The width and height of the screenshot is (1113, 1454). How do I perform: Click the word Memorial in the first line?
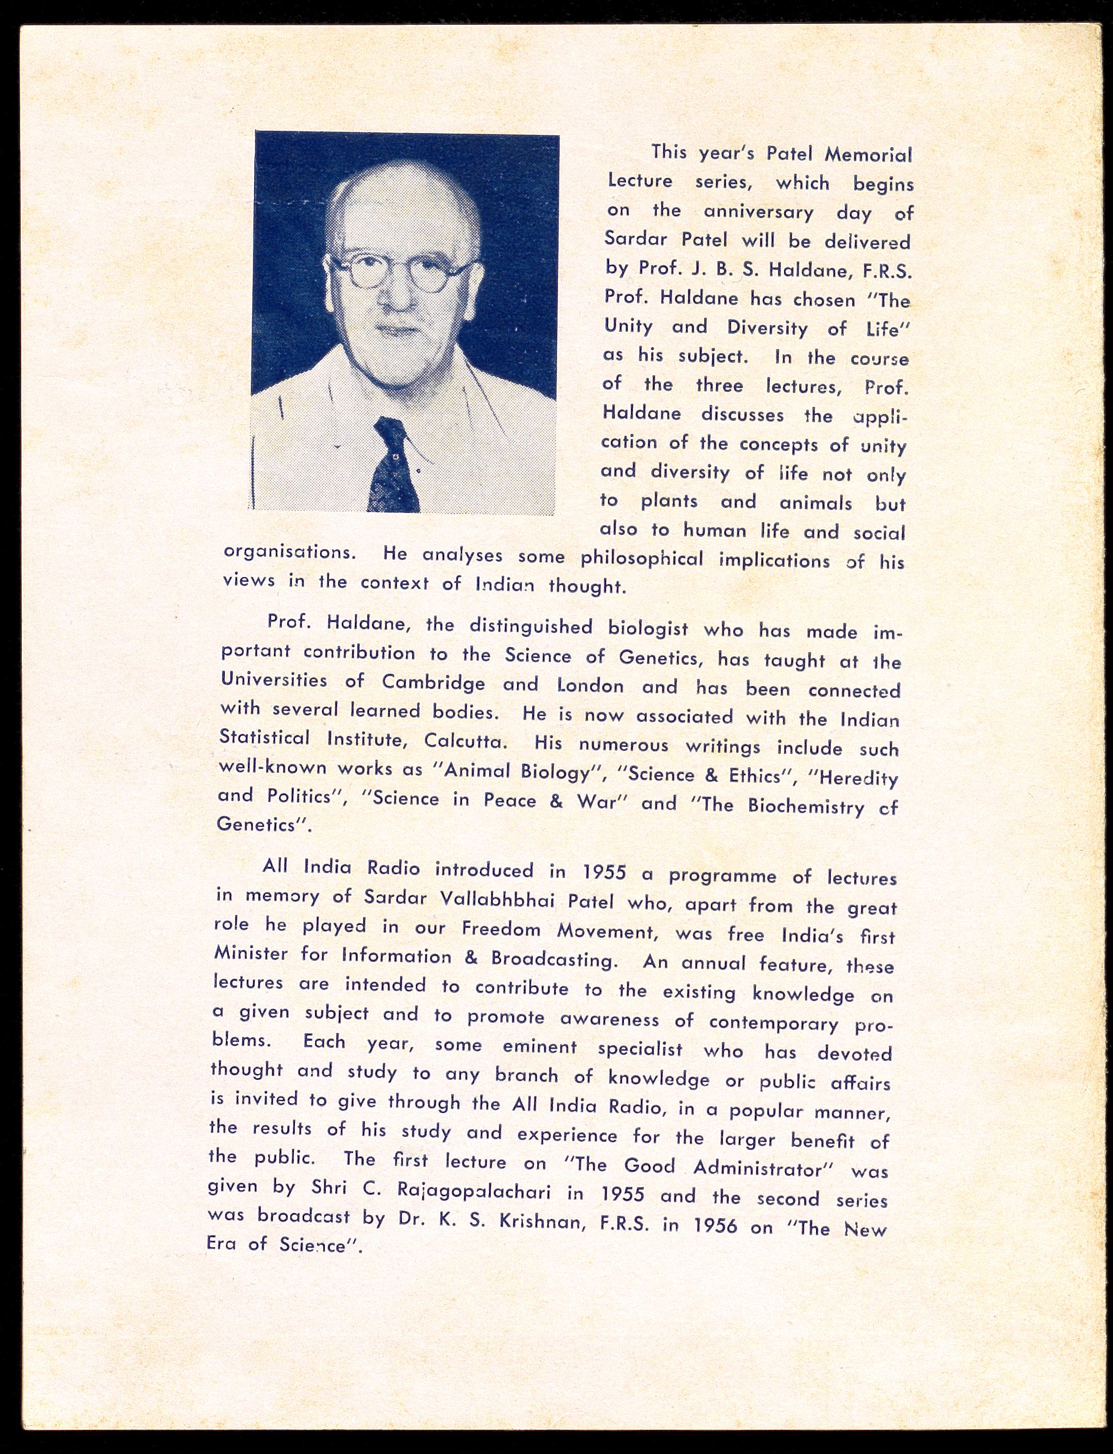(868, 155)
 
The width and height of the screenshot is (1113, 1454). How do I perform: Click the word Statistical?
(264, 737)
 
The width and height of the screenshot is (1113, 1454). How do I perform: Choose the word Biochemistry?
(806, 806)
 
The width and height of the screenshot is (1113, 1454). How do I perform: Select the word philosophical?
(642, 558)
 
